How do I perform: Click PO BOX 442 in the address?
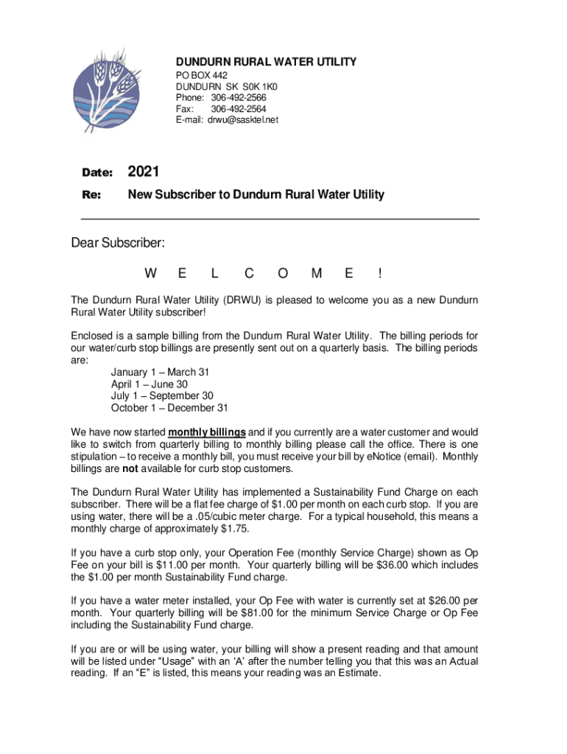[x=201, y=76]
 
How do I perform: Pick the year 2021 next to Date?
[x=144, y=172]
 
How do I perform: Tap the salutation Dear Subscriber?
[x=118, y=243]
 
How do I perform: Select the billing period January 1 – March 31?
[x=155, y=373]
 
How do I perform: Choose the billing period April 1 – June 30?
[x=149, y=384]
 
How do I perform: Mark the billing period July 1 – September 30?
[x=162, y=396]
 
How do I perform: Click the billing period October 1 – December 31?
[x=169, y=408]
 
